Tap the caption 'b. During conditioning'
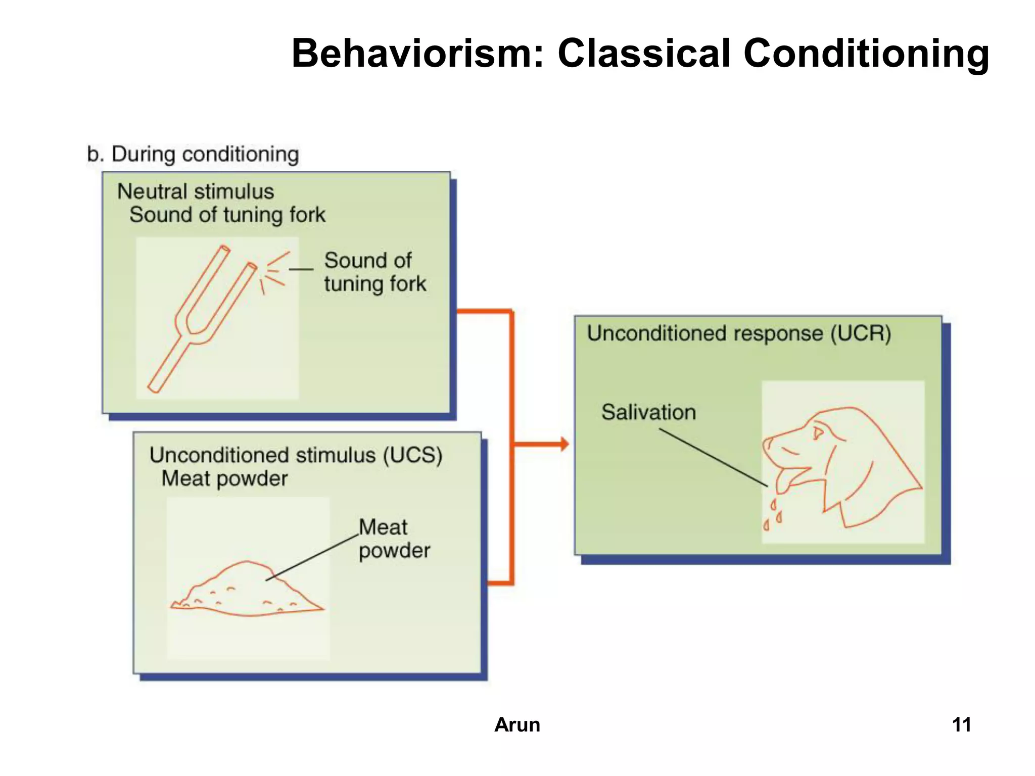point(193,154)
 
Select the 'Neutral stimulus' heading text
point(196,191)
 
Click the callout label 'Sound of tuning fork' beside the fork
point(374,272)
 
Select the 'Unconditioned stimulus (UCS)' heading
point(296,455)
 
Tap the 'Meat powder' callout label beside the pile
point(394,539)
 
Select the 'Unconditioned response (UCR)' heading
point(738,333)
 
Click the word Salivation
point(648,412)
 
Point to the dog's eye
point(818,432)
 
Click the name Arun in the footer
point(517,724)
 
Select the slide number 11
point(961,724)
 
